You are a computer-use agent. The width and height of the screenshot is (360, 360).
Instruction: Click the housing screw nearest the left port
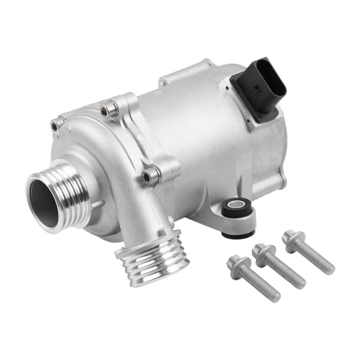coord(57,124)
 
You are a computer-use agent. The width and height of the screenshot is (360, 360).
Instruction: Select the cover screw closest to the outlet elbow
coord(151,176)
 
